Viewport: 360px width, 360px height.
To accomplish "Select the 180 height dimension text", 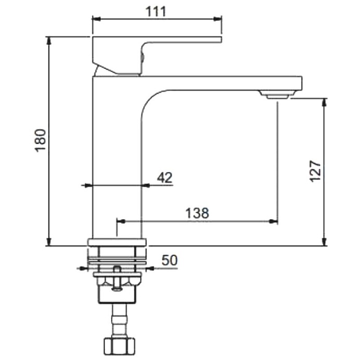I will click(x=41, y=140).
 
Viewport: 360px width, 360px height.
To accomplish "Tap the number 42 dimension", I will click(x=164, y=178).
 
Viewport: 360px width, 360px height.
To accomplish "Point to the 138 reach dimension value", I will click(x=197, y=213).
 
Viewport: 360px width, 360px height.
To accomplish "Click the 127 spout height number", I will click(x=315, y=171).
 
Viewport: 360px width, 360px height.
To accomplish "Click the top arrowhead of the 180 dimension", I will click(x=49, y=40).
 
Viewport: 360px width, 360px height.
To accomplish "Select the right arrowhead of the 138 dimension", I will click(x=273, y=221).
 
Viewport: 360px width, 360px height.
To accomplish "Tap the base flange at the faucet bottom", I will click(x=117, y=242).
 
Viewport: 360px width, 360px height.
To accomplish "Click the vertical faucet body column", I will click(x=117, y=157).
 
